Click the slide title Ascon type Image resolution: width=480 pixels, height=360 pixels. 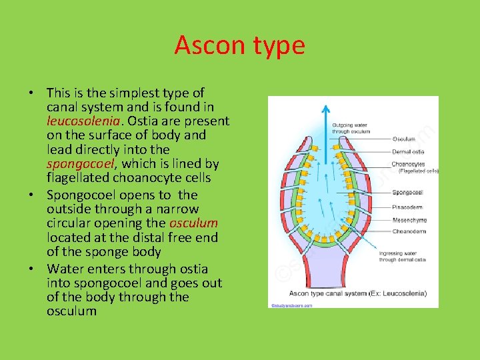click(x=239, y=45)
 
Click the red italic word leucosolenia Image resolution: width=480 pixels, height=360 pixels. click(x=83, y=121)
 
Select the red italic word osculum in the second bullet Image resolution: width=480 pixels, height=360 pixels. click(x=194, y=223)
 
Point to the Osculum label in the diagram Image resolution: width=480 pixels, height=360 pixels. click(x=404, y=139)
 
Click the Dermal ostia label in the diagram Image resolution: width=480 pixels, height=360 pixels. click(x=408, y=152)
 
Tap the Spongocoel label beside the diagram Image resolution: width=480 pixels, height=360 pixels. click(x=408, y=193)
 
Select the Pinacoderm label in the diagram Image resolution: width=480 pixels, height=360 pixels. click(x=408, y=207)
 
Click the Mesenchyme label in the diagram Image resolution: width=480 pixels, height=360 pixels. click(x=409, y=219)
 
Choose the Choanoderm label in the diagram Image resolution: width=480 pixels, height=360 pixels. click(x=409, y=231)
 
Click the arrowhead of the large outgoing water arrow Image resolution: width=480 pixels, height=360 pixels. click(x=325, y=107)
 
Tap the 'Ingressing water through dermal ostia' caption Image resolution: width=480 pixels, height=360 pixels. click(x=403, y=256)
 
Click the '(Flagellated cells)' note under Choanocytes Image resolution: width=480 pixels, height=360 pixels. click(x=418, y=171)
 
